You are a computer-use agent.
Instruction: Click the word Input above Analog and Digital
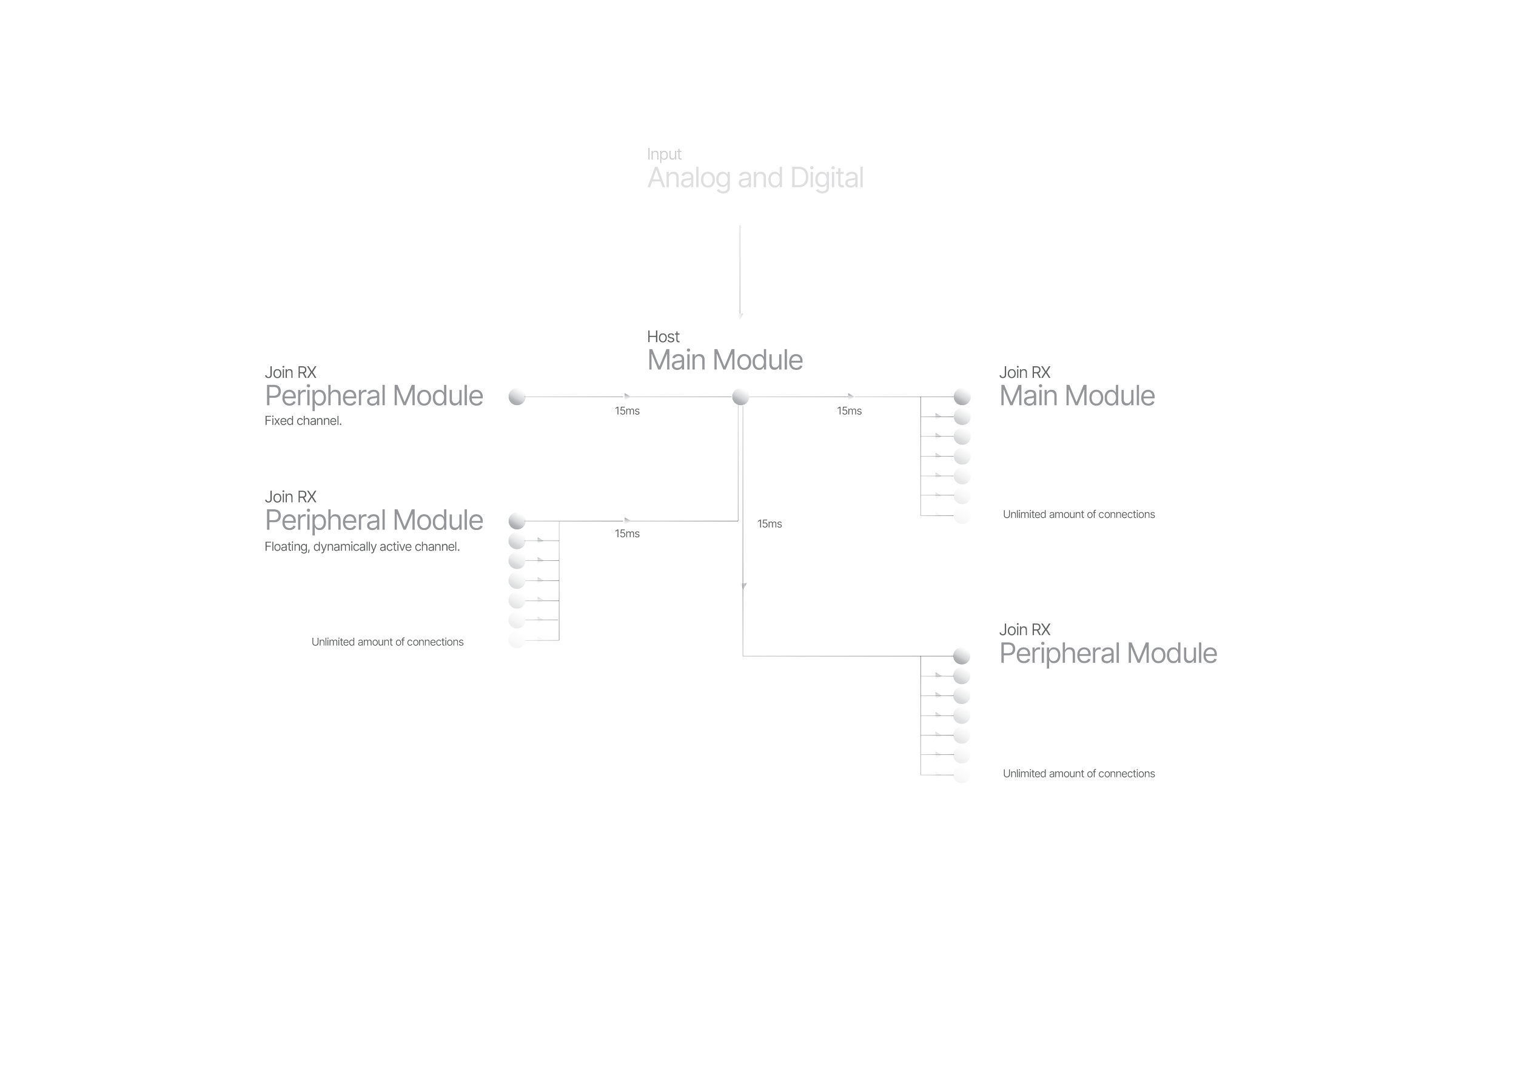click(663, 154)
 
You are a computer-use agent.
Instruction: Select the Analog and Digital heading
click(755, 179)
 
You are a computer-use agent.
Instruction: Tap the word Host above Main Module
click(663, 337)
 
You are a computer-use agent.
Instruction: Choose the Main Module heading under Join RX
click(1077, 396)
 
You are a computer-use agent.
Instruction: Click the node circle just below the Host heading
click(741, 397)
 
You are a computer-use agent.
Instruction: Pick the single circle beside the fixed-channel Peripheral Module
click(517, 397)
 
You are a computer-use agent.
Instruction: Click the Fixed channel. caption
click(303, 421)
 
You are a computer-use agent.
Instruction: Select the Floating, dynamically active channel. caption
click(362, 546)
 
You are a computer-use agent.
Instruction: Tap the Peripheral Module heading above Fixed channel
click(374, 396)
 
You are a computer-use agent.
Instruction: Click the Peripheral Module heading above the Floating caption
click(374, 520)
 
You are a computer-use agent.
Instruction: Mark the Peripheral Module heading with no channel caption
click(1108, 654)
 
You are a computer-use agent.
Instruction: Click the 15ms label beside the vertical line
click(770, 524)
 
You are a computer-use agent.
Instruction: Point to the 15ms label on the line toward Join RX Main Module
click(849, 411)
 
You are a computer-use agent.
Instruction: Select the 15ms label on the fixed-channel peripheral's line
click(627, 411)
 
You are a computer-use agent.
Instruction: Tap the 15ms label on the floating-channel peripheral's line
click(627, 534)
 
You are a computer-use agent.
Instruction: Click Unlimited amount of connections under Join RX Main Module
click(1079, 515)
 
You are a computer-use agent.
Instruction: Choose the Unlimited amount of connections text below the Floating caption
click(387, 642)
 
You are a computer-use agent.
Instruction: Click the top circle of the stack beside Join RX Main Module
click(962, 397)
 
